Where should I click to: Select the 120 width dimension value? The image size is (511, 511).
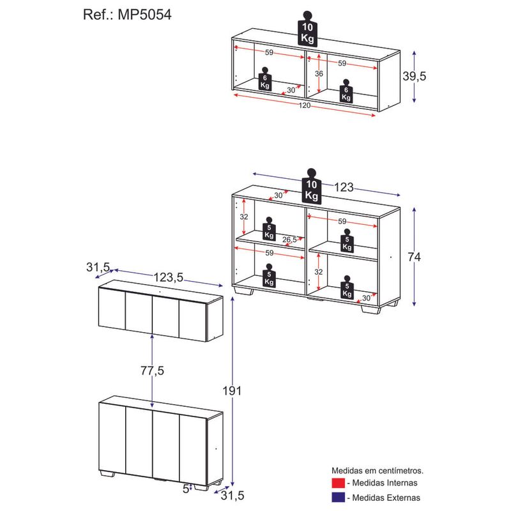coord(304,105)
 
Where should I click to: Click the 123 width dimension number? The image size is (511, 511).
coord(344,188)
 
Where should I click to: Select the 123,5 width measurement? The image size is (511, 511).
coord(169,277)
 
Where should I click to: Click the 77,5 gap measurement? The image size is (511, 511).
coord(152,370)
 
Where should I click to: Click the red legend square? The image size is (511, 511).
coord(339,483)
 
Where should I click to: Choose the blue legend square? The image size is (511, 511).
coord(339,497)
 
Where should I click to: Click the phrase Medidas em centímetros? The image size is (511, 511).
coord(378,470)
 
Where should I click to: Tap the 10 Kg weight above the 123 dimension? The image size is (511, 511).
coord(312,188)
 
